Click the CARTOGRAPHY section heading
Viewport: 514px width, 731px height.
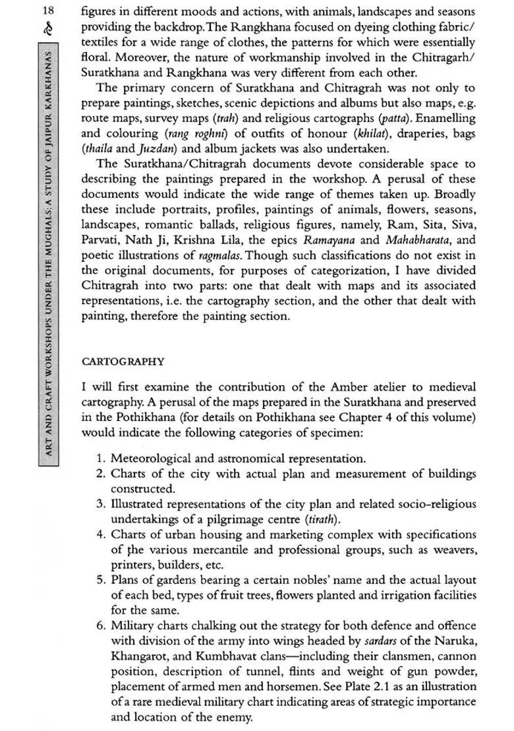(123, 362)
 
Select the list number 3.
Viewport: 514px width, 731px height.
(100, 504)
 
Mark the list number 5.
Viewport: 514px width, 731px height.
(100, 580)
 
